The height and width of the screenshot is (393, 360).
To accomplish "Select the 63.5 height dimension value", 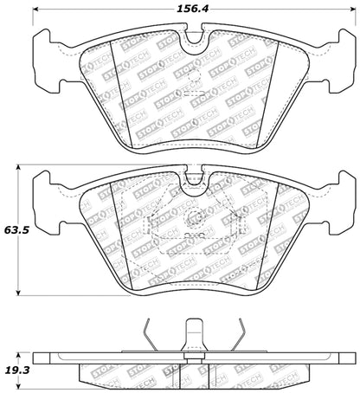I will click(16, 231).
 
